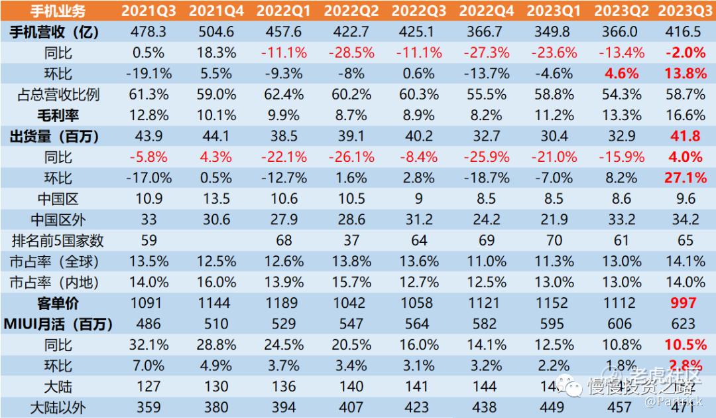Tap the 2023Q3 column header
684,11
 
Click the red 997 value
684,303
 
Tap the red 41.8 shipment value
684,137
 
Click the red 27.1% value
684,178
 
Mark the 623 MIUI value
684,324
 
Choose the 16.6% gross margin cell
684,115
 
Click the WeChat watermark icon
569,384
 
